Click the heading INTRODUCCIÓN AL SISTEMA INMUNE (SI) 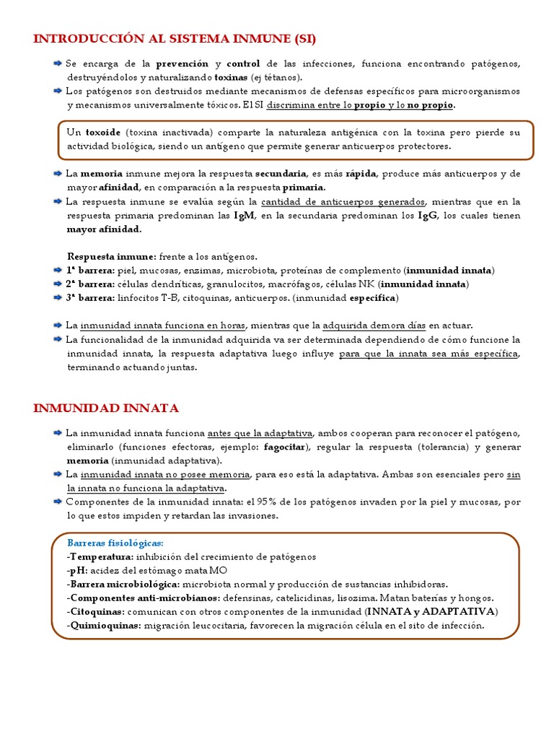(175, 38)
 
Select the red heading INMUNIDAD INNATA (106, 408)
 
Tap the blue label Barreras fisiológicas (115, 543)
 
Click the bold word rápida (361, 174)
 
